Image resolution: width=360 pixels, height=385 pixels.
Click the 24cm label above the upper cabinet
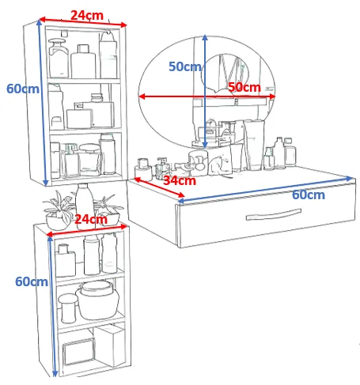tap(87, 15)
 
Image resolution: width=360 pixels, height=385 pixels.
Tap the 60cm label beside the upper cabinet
tap(23, 89)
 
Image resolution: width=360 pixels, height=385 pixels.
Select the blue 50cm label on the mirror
tap(185, 66)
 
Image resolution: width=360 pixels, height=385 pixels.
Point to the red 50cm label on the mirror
tap(244, 87)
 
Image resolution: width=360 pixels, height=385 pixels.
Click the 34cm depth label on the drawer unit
tap(180, 180)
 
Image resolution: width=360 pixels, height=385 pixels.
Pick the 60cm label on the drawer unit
tap(309, 194)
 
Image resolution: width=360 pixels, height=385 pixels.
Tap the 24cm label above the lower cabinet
tap(91, 219)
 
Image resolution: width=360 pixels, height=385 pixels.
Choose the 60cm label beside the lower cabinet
tap(32, 281)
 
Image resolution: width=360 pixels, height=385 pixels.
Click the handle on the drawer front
tap(274, 215)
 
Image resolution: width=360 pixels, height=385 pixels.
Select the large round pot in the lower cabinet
tap(97, 300)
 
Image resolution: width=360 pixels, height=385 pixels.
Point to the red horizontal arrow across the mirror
tap(207, 96)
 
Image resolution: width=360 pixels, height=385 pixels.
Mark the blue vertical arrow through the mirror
tap(205, 92)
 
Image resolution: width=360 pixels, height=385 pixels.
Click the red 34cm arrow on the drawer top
tap(159, 187)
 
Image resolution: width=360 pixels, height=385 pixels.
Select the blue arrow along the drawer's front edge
tap(266, 189)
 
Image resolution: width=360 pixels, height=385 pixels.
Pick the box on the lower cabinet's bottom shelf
tap(109, 345)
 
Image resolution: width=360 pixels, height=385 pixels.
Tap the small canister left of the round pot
tap(68, 308)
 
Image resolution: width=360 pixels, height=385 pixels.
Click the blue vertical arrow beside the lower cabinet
tap(52, 306)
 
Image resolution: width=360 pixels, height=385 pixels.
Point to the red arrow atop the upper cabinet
tap(83, 22)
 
